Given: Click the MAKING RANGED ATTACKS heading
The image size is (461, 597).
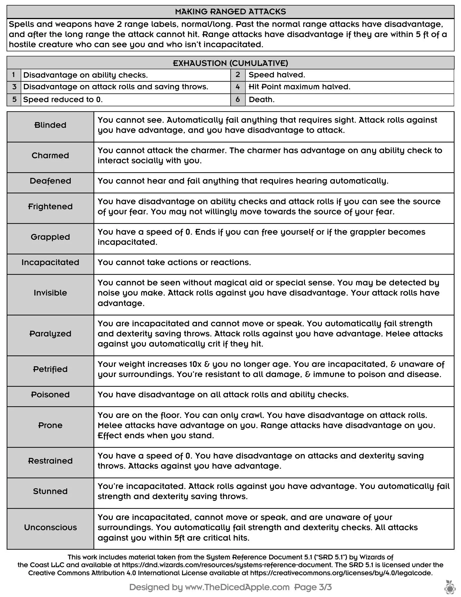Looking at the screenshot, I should pyautogui.click(x=230, y=12).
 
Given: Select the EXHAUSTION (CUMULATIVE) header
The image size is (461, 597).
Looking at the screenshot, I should pyautogui.click(x=230, y=63).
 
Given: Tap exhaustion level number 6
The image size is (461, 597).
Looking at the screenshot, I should pyautogui.click(x=238, y=99).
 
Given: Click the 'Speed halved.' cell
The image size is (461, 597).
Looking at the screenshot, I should pyautogui.click(x=277, y=75).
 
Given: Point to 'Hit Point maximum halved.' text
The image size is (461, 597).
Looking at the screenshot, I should pyautogui.click(x=299, y=87).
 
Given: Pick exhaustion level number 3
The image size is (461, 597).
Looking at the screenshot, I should pyautogui.click(x=14, y=87).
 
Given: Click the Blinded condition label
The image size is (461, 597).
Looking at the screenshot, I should pyautogui.click(x=50, y=125).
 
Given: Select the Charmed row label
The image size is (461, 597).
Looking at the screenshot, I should pyautogui.click(x=50, y=156).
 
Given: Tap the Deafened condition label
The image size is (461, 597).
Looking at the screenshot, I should pyautogui.click(x=50, y=181).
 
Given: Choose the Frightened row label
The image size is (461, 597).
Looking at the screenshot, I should pyautogui.click(x=50, y=207).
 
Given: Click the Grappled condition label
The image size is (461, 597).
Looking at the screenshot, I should pyautogui.click(x=50, y=237).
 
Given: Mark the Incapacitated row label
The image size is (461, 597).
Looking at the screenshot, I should pyautogui.click(x=50, y=262).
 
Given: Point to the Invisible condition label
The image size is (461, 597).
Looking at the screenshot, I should pyautogui.click(x=50, y=293).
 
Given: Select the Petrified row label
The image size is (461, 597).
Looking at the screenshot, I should pyautogui.click(x=50, y=369).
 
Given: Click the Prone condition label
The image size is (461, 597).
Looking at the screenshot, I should pyautogui.click(x=50, y=425).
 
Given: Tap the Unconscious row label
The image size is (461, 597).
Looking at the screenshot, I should pyautogui.click(x=50, y=527).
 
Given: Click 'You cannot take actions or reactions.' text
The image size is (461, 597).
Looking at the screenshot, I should pyautogui.click(x=174, y=262).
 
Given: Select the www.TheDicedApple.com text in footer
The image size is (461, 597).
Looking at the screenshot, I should pyautogui.click(x=237, y=587).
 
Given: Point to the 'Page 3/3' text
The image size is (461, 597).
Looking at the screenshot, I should pyautogui.click(x=313, y=587).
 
